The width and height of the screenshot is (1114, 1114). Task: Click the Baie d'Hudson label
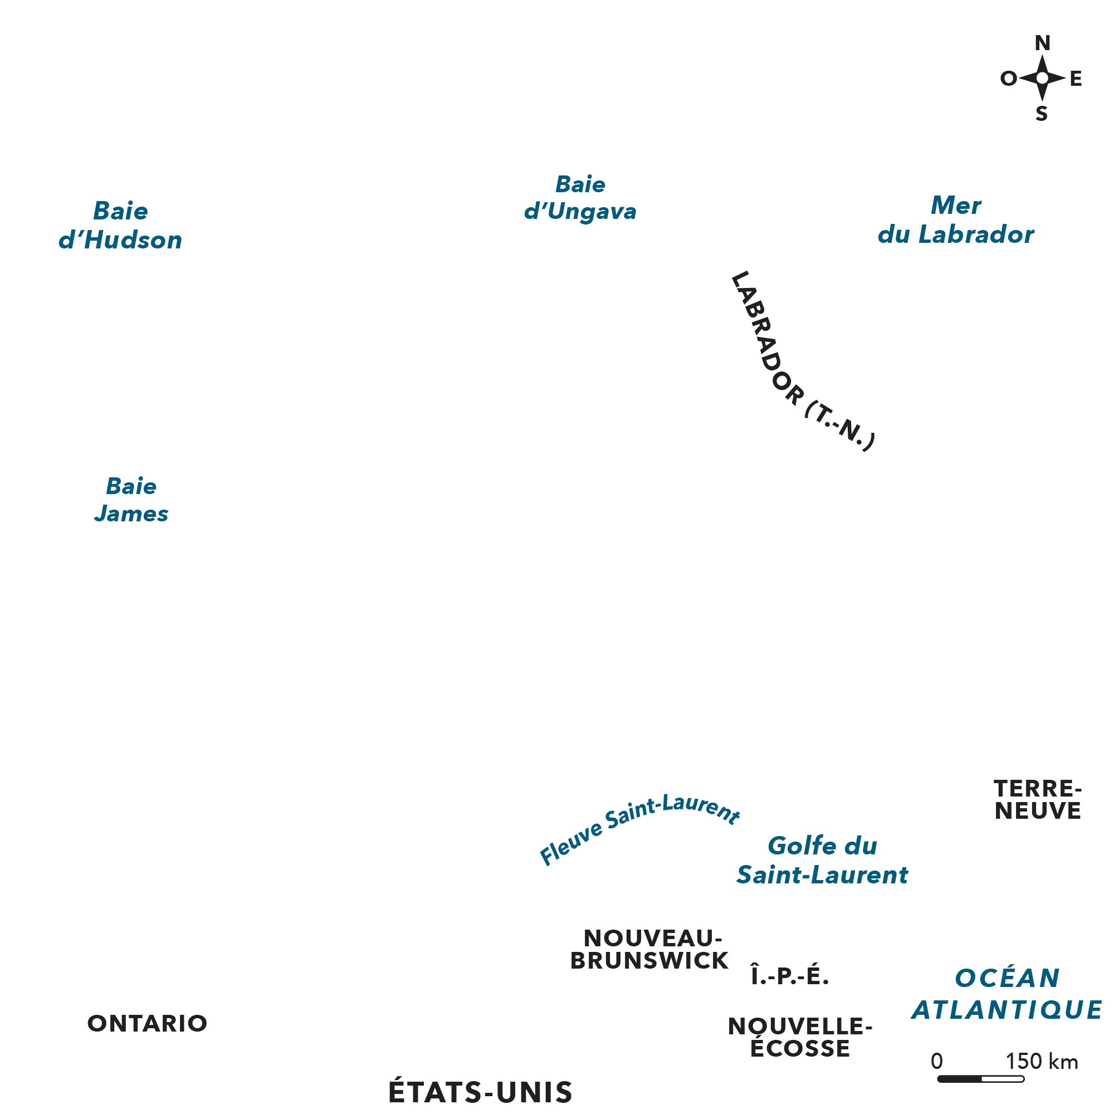coord(120,226)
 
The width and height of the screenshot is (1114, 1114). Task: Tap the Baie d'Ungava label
coord(580,198)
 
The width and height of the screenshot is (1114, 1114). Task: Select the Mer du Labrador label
coord(955,219)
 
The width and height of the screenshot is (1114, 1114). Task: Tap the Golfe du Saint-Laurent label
coord(822,861)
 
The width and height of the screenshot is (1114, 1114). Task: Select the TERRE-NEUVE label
coord(1037,799)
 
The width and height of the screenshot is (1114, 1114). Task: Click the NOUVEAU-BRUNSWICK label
coord(650,949)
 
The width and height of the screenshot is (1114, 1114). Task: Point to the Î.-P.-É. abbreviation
coord(789,976)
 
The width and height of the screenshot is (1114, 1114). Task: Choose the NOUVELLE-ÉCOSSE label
coord(800,1037)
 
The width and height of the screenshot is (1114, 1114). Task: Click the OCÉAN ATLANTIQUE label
coord(1006,994)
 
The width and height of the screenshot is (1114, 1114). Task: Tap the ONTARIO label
coord(147,1023)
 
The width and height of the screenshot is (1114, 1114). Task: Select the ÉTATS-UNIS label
coord(480,1092)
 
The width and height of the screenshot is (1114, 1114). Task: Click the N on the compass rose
coord(1043,43)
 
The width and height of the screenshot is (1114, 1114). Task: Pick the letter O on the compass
coord(1009,79)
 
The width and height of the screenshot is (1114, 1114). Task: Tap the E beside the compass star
coord(1076,79)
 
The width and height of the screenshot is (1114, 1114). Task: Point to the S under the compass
coord(1042,114)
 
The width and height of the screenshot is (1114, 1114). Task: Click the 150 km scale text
coord(1042,1061)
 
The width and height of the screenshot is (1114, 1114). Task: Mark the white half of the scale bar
coord(1002,1078)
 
